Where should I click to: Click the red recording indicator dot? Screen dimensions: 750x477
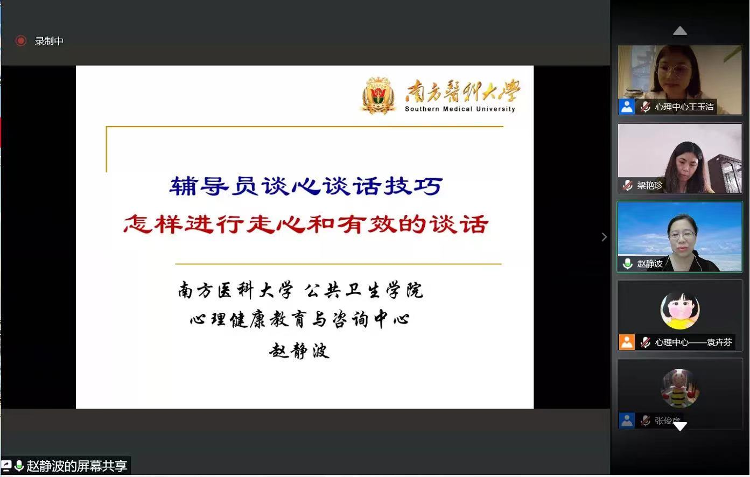[x=21, y=41]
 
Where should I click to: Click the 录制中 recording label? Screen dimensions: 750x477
[x=49, y=41]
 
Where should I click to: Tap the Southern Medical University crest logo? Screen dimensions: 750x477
[x=378, y=96]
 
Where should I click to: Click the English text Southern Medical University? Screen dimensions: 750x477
[x=460, y=109]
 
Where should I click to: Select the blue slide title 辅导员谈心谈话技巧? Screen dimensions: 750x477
[x=306, y=186]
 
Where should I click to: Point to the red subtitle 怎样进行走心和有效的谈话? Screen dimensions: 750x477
[x=306, y=224]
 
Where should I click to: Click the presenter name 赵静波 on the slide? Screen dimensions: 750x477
[x=299, y=350]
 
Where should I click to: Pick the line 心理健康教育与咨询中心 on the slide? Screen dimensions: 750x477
[x=300, y=320]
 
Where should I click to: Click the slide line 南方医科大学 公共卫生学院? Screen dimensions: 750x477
[x=300, y=290]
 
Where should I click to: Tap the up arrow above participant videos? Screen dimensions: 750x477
[x=680, y=31]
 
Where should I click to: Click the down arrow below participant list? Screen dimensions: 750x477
[x=680, y=426]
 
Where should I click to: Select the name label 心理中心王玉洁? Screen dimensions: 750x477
[x=684, y=107]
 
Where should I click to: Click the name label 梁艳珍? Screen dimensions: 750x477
[x=649, y=185]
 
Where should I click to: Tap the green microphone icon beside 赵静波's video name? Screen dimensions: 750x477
[x=627, y=263]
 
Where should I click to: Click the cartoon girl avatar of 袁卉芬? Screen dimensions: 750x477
[x=679, y=310]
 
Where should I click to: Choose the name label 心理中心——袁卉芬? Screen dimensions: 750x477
[x=693, y=342]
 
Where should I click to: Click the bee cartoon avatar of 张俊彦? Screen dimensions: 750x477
[x=679, y=388]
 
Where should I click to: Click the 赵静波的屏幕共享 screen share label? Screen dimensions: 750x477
[x=76, y=466]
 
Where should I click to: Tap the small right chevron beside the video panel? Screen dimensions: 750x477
[x=604, y=237]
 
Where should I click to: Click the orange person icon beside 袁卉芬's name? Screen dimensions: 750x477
[x=627, y=342]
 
